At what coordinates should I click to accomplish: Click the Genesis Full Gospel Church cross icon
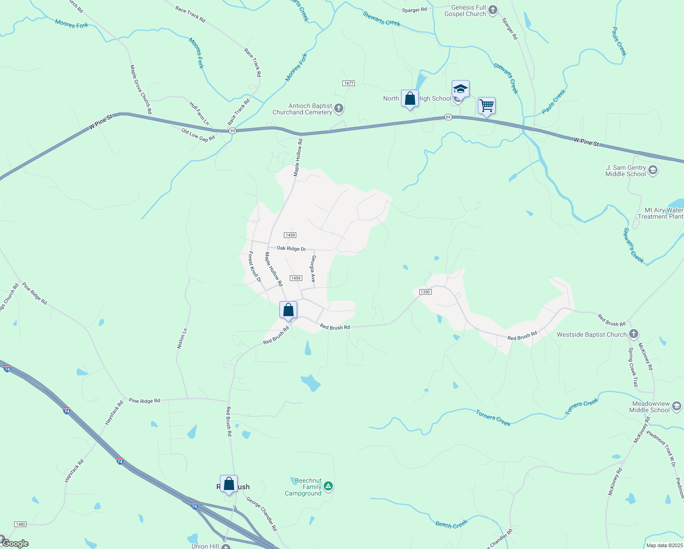(492, 10)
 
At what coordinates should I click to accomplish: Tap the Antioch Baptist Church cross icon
(338, 108)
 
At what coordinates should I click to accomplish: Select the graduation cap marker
(460, 89)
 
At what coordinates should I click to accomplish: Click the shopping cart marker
(486, 106)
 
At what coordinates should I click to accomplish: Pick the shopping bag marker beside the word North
(410, 98)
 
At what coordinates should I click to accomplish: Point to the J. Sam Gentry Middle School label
(626, 171)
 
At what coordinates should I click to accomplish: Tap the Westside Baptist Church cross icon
(633, 334)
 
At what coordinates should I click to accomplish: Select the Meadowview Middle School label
(650, 407)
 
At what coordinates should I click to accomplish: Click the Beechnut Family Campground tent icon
(328, 486)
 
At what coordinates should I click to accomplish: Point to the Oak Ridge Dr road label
(291, 248)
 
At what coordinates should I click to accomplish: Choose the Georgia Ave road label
(313, 269)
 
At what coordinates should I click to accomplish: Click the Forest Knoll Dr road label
(255, 267)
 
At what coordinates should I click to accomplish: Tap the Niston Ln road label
(182, 339)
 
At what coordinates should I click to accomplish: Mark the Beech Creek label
(451, 524)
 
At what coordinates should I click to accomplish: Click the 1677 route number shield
(348, 83)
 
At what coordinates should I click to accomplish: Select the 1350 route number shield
(425, 292)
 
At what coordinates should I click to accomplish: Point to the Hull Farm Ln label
(199, 113)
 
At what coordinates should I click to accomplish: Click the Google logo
(15, 544)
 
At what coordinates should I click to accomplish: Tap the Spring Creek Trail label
(633, 367)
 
